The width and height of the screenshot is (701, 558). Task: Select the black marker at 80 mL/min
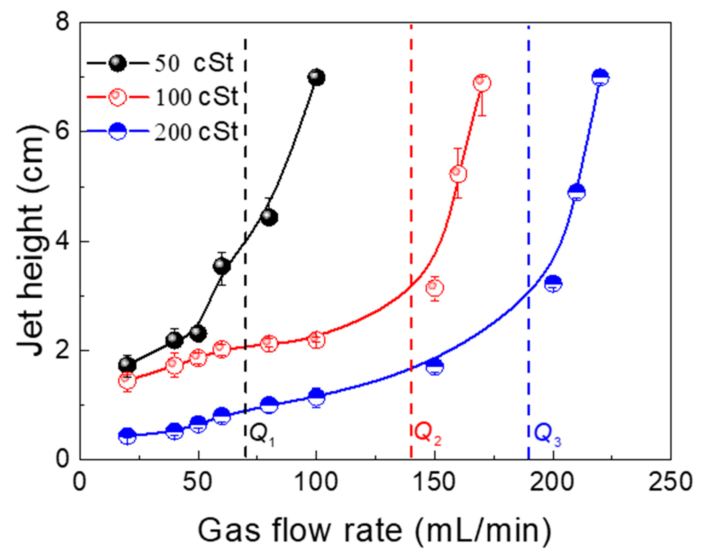point(269,217)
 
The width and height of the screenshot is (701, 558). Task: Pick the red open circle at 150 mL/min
point(435,288)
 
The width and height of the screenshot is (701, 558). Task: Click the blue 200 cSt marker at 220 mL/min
point(600,78)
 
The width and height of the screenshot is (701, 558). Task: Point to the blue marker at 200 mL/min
point(553,284)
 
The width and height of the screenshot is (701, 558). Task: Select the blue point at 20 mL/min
point(127,436)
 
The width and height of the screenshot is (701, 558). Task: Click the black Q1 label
point(262,434)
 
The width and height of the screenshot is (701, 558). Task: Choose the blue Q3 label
point(548,434)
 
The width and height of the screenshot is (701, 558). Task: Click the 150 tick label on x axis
point(434,482)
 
